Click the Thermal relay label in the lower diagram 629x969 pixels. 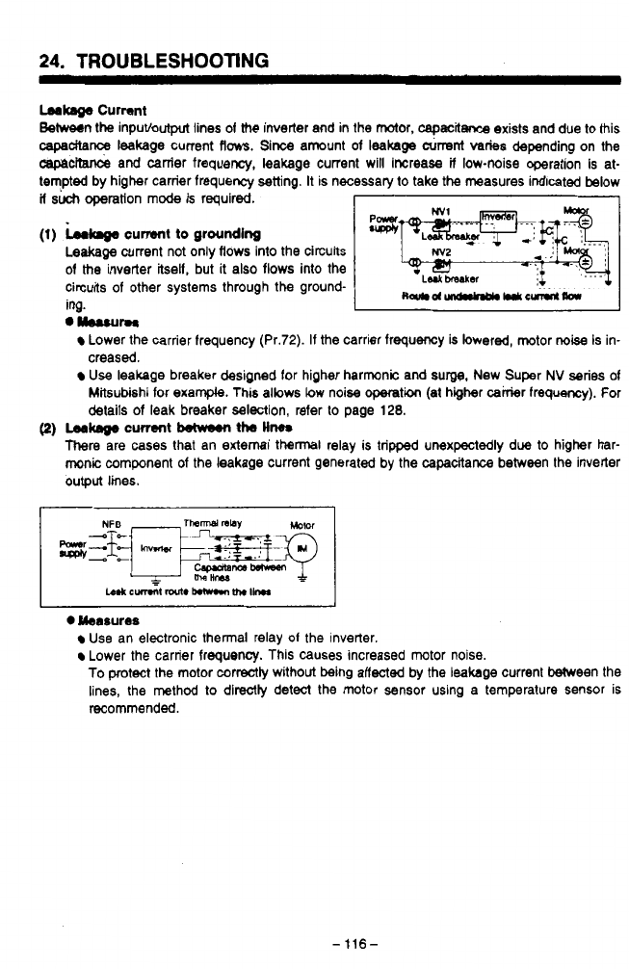point(212,525)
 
